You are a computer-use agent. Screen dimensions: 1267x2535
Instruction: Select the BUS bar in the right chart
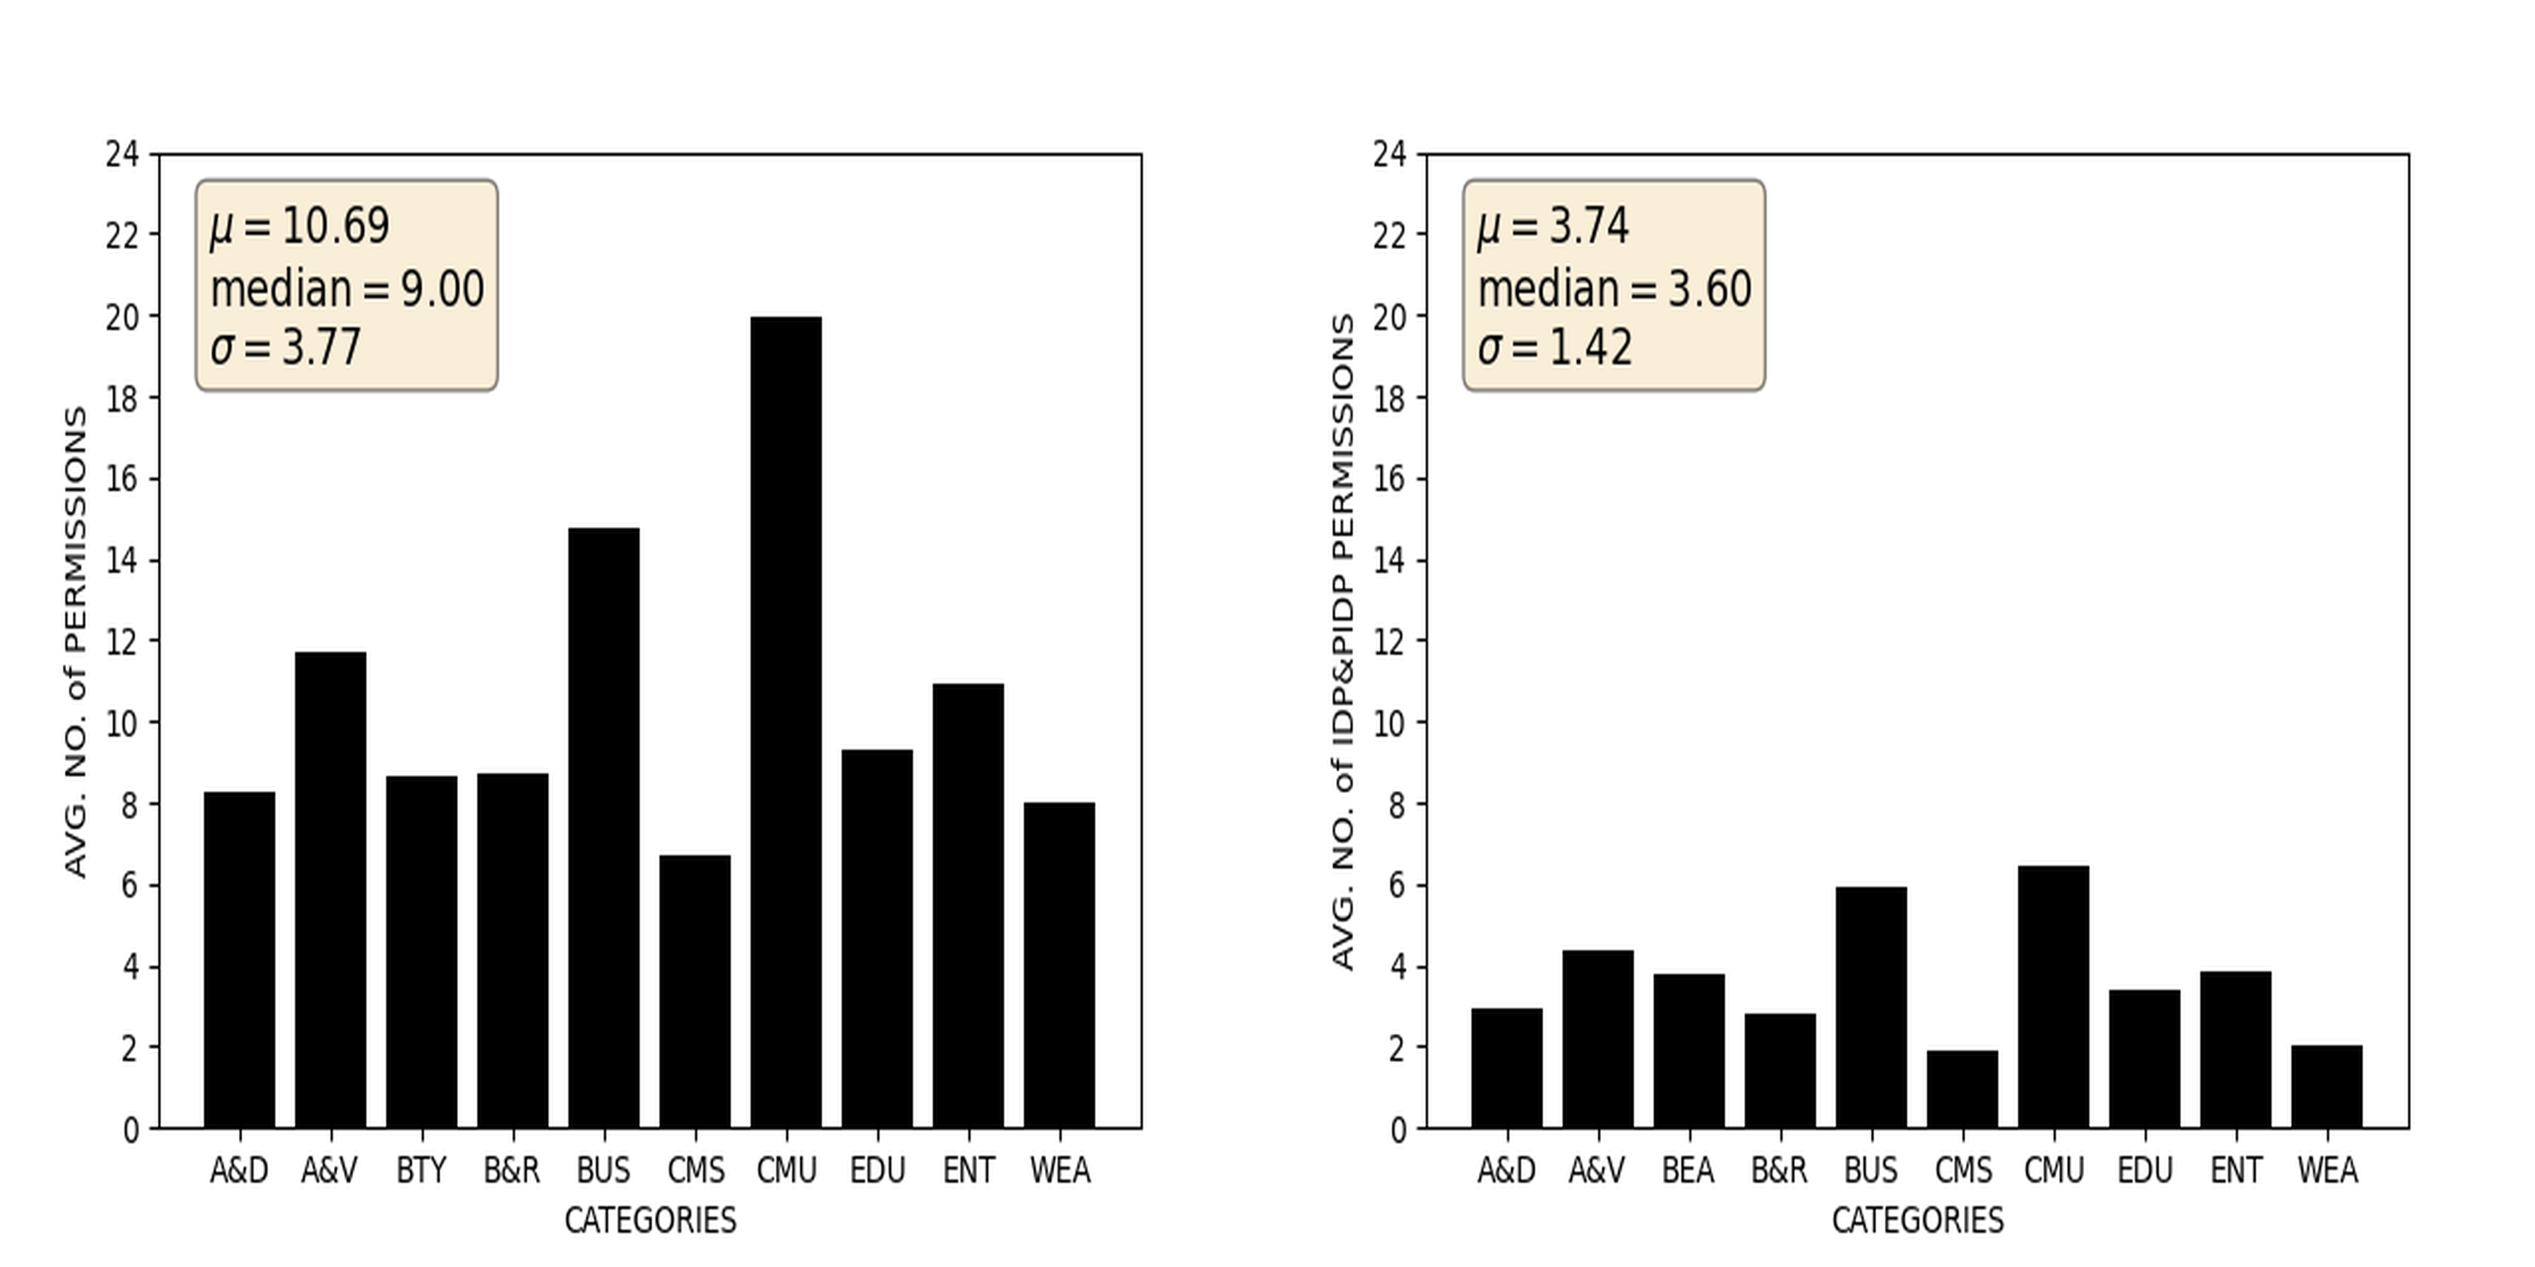coord(1871,1007)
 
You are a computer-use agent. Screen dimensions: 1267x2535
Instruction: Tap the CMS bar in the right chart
coord(1962,1089)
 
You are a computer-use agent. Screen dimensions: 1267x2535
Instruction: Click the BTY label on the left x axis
coord(421,1171)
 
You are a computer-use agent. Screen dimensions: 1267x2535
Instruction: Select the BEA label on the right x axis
coord(1688,1171)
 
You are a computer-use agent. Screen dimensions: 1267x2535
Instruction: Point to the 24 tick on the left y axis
coord(122,154)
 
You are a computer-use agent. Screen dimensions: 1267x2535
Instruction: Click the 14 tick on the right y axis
coord(1389,560)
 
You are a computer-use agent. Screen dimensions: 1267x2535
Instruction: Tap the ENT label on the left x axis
coord(968,1171)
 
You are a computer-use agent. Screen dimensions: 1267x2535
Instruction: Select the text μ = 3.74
coord(1553,226)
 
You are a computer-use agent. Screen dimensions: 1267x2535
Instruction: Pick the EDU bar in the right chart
coord(2144,1058)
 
